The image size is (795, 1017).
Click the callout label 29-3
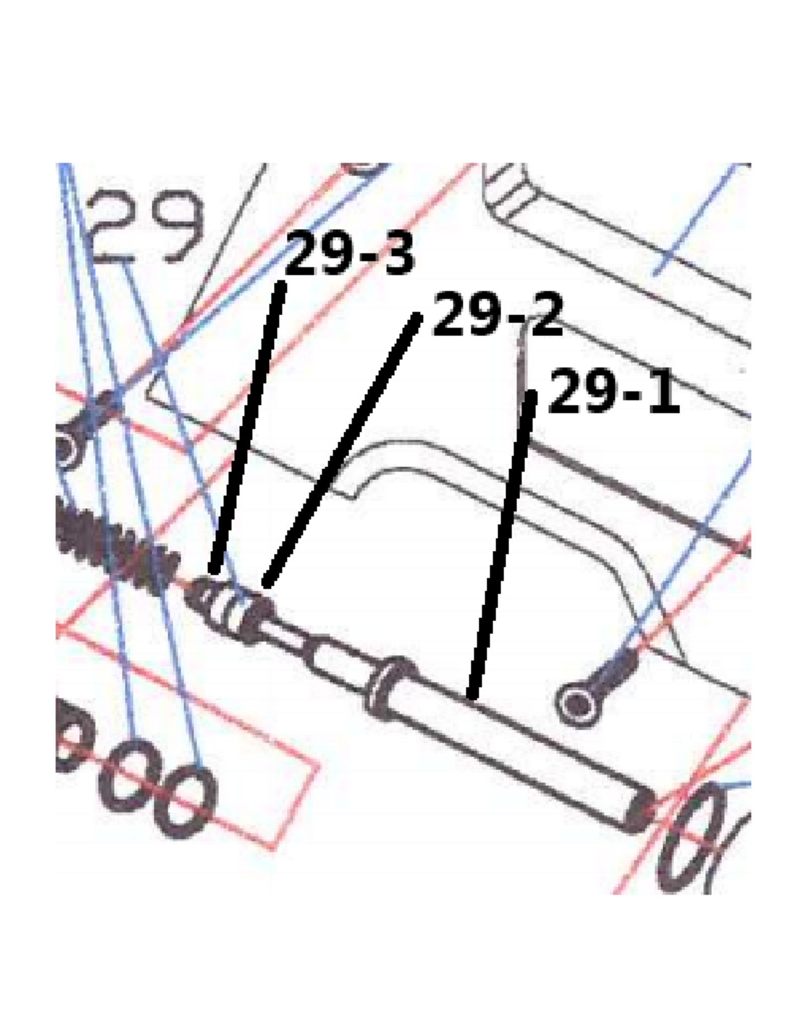pyautogui.click(x=349, y=254)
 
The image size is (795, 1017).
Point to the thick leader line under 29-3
pyautogui.click(x=247, y=427)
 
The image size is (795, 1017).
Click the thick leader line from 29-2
pyautogui.click(x=342, y=449)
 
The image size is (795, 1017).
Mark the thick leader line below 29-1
pyautogui.click(x=502, y=544)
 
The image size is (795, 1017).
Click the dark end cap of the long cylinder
pyautogui.click(x=640, y=809)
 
